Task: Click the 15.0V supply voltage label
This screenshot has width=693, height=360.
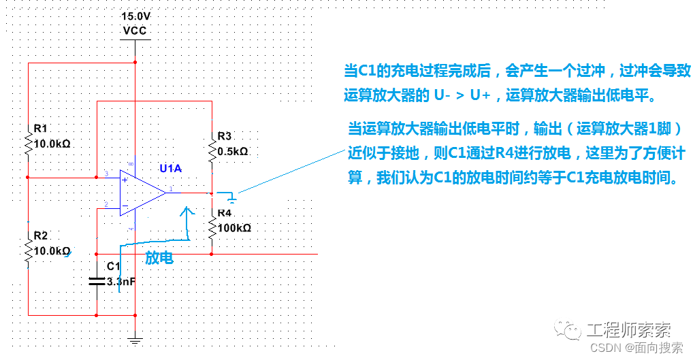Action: [135, 17]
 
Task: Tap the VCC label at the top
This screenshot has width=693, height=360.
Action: [135, 31]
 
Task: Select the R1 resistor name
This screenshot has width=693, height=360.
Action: [40, 129]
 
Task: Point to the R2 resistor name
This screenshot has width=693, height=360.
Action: [41, 236]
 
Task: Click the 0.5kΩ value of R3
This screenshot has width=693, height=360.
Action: [232, 152]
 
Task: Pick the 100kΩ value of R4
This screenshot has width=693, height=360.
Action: [234, 228]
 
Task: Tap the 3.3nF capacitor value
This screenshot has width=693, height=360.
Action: [121, 281]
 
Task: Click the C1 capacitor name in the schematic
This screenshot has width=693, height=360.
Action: [114, 266]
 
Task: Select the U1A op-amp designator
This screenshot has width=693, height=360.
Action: [171, 168]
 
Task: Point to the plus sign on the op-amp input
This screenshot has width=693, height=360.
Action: [125, 180]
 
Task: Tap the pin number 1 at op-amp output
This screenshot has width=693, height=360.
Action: [171, 189]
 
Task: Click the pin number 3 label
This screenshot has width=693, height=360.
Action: [106, 174]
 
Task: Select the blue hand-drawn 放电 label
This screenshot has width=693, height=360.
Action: [159, 257]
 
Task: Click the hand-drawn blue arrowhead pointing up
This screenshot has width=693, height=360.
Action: [187, 211]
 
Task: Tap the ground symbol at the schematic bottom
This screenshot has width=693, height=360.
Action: [135, 340]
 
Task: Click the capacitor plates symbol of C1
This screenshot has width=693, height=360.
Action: [97, 281]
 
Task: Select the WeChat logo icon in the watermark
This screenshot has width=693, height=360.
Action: [568, 329]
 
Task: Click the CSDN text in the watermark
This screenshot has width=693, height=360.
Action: [605, 348]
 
